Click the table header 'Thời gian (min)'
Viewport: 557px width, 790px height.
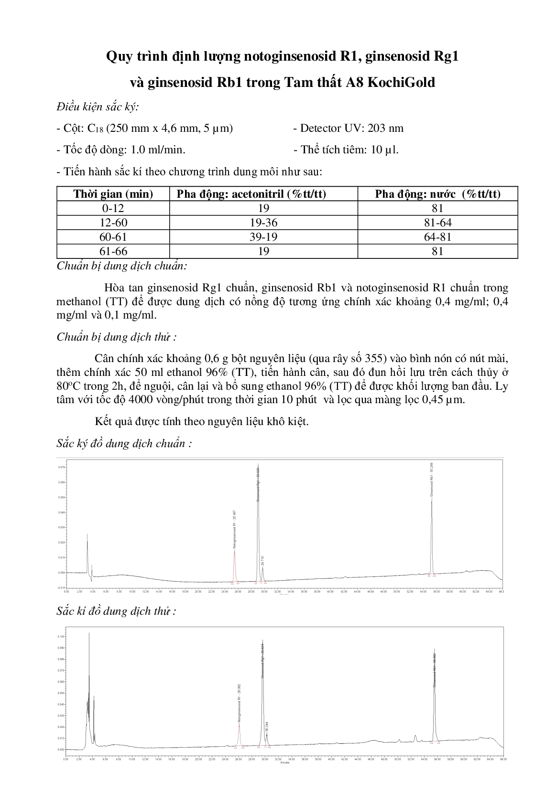coord(113,194)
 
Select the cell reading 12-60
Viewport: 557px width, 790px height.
coord(113,223)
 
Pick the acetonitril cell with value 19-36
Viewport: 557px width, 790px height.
coord(263,223)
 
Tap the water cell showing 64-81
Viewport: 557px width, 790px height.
coord(437,237)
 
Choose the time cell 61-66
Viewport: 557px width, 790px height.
coord(113,251)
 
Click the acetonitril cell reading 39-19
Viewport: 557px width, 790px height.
coord(263,237)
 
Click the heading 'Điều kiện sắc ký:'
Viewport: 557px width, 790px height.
coord(98,107)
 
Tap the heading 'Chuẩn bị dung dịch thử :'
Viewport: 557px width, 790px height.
coord(116,337)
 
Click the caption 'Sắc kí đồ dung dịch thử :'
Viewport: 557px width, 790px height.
coord(116,611)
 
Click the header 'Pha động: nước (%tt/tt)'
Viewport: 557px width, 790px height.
coord(437,194)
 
